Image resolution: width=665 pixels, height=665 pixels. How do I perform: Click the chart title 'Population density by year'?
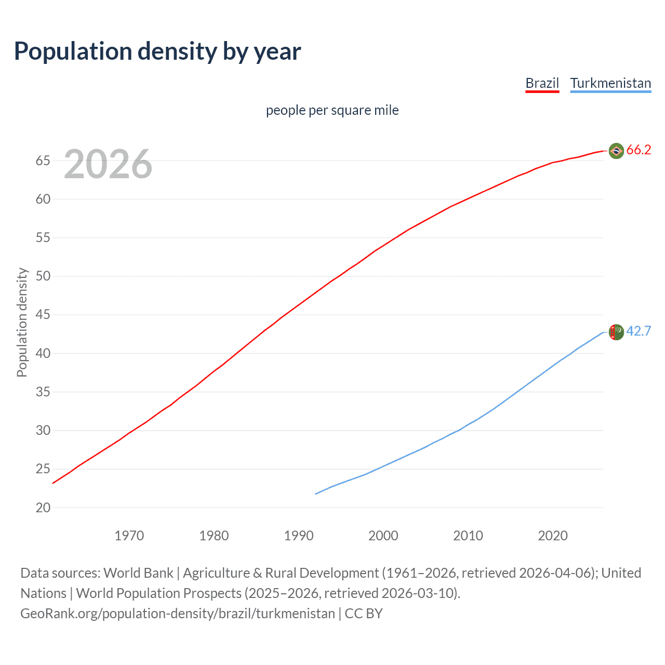[x=157, y=51]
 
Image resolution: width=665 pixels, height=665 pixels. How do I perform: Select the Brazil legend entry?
[x=542, y=83]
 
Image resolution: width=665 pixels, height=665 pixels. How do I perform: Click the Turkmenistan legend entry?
[x=610, y=83]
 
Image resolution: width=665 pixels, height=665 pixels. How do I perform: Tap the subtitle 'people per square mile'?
[x=332, y=110]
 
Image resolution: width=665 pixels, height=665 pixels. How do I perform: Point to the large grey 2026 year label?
[x=108, y=164]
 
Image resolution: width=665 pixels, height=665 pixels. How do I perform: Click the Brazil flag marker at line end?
[x=616, y=151]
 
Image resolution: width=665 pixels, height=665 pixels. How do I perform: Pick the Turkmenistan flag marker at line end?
[x=616, y=331]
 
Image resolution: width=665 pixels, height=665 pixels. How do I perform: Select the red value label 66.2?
[x=639, y=150]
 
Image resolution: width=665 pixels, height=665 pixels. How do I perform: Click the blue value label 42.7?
[x=639, y=331]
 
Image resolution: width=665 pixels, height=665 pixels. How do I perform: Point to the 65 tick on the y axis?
[x=43, y=161]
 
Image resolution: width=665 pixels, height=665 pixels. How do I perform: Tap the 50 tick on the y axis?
[x=43, y=276]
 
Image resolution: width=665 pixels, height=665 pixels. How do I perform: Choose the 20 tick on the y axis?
[x=43, y=508]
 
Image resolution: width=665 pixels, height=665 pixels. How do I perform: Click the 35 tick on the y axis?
[x=43, y=392]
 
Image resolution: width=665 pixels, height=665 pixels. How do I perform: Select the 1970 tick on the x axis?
[x=129, y=536]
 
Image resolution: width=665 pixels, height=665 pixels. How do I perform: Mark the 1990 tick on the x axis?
[x=299, y=536]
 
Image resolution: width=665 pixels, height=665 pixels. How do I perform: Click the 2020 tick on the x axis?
[x=553, y=536]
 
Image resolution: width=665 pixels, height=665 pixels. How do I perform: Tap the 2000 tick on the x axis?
[x=383, y=536]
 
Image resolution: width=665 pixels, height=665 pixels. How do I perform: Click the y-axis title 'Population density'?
[x=22, y=322]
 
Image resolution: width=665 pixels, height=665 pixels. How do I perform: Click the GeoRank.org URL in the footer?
[x=178, y=614]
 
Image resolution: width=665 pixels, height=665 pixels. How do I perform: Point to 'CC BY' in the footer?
[x=364, y=614]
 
